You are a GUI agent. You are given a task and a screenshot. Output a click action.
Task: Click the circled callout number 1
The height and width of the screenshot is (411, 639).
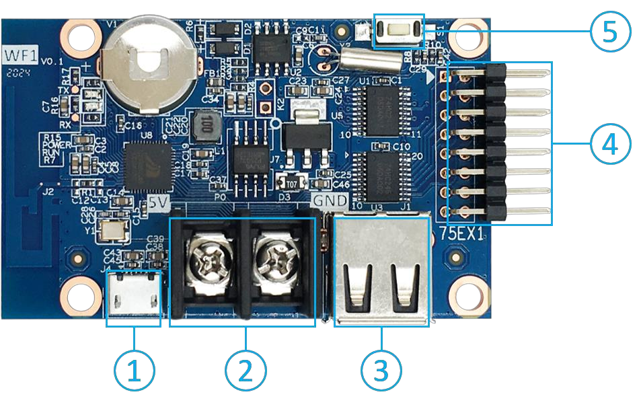(x=135, y=370)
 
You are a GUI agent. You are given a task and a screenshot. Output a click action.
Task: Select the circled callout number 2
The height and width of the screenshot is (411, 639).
(x=246, y=369)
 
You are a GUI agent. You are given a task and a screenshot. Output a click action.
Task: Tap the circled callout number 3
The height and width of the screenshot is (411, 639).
(x=382, y=369)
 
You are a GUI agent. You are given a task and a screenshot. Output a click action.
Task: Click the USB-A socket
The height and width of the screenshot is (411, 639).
(x=381, y=272)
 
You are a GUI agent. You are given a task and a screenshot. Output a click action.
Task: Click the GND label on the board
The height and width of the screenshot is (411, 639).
(x=329, y=200)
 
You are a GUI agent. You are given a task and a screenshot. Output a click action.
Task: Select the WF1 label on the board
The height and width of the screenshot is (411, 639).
(x=20, y=53)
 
